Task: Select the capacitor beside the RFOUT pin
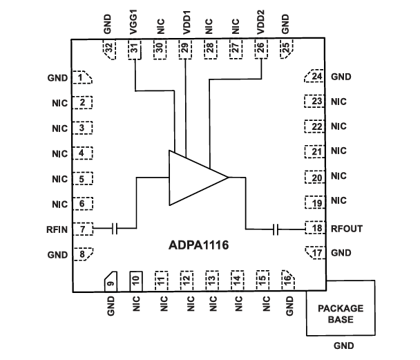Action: coord(276,228)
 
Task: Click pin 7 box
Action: coord(84,228)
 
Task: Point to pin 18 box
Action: coord(316,228)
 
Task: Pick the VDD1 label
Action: coord(185,23)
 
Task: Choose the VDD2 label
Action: coord(260,23)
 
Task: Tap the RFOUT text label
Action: coord(347,229)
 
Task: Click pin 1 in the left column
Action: coord(84,77)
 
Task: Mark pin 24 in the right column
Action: coord(316,77)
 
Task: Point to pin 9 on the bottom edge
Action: coord(110,281)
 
